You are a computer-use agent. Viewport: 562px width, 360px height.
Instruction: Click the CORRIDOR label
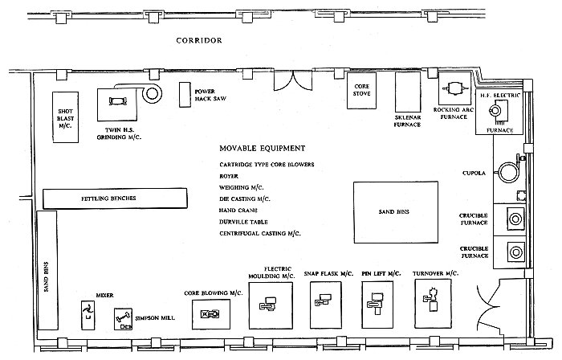click(199, 40)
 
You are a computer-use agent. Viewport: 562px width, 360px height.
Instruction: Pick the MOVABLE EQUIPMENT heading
click(263, 148)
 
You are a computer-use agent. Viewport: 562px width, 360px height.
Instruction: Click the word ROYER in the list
click(229, 176)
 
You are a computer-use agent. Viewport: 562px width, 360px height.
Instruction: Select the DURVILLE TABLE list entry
click(243, 222)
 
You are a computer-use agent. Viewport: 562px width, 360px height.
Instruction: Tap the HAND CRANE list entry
click(238, 211)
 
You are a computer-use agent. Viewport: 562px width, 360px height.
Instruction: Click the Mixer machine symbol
click(88, 312)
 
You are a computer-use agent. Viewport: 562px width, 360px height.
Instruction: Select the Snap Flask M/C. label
click(328, 273)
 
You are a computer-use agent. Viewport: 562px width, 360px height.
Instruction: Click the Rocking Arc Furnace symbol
click(454, 88)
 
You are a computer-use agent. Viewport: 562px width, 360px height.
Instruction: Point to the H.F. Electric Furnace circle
click(495, 110)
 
